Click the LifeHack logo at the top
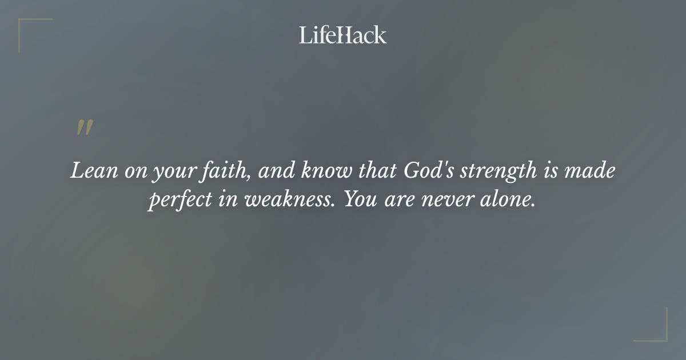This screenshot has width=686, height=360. tap(342, 35)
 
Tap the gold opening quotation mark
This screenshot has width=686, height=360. tap(84, 128)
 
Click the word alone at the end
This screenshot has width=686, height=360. tap(510, 201)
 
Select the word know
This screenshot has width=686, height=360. tap(327, 171)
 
